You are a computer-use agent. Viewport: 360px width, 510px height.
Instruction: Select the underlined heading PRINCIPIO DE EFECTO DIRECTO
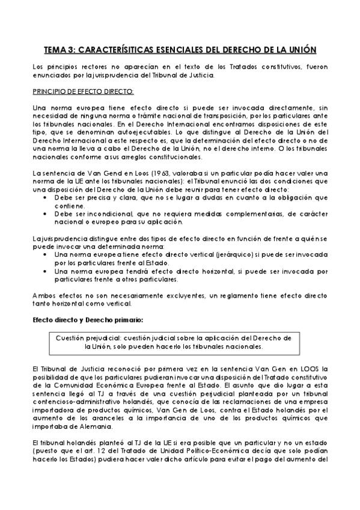[x=84, y=91]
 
